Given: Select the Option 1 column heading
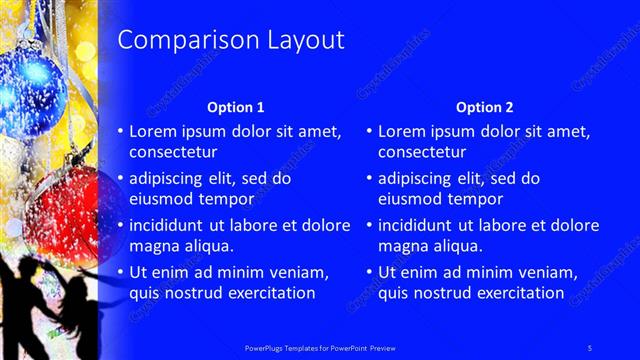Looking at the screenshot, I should [236, 107].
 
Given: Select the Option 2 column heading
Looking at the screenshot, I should [485, 107].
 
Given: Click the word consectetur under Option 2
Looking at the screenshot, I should [422, 153].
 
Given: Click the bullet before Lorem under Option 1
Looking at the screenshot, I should [120, 131].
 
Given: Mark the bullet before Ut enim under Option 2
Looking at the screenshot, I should [369, 272].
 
